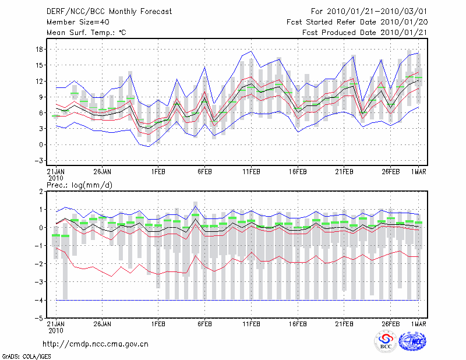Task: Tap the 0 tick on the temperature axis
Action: tap(37, 144)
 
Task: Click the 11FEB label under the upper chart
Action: tap(251, 172)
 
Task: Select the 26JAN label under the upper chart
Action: tap(102, 172)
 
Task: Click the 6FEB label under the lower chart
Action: tap(204, 323)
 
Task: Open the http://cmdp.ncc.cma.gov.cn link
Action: tap(96, 344)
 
